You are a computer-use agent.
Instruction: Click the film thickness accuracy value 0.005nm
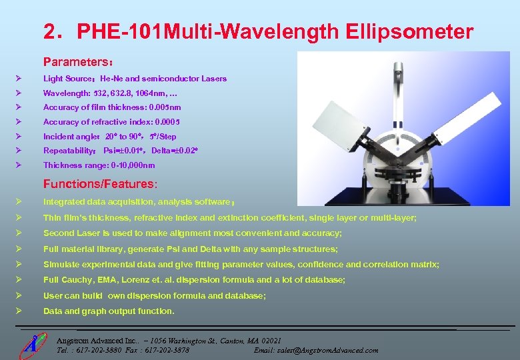point(165,107)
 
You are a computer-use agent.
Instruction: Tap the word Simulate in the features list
point(61,265)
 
